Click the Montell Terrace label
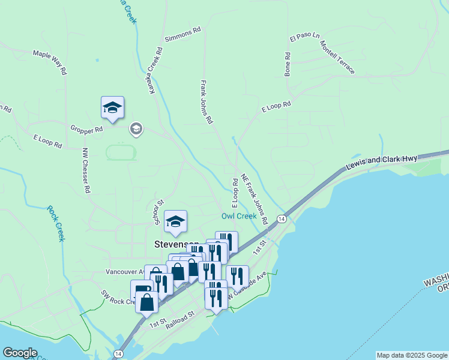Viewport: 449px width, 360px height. [337, 58]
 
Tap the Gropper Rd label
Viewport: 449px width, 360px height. [86, 128]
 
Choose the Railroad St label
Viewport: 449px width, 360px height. [181, 318]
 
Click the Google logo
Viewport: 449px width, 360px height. [20, 353]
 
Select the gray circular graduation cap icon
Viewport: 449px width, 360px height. [136, 129]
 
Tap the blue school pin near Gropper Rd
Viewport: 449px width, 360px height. [112, 107]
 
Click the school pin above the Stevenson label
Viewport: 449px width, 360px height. [175, 221]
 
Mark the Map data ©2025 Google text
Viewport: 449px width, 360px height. [412, 355]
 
